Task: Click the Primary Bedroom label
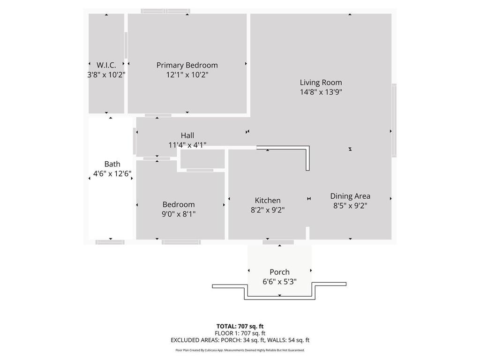point(187,65)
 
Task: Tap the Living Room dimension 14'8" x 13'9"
point(321,92)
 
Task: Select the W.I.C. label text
point(106,65)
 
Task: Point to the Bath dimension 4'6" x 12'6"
point(112,173)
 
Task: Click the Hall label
point(187,135)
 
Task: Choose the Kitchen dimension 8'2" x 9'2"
point(268,210)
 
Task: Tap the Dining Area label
point(350,196)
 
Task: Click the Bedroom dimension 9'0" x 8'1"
point(179,214)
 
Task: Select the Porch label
point(279,272)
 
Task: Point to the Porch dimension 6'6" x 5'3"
point(279,281)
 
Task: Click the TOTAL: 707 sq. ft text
point(240,326)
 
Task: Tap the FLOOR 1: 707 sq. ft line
point(240,333)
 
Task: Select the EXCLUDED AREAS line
point(240,340)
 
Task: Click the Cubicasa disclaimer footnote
point(240,350)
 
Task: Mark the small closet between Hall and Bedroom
point(202,159)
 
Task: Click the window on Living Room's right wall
point(394,120)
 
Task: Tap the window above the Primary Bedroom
point(165,11)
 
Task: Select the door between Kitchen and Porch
point(278,242)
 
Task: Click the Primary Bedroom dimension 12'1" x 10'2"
point(187,75)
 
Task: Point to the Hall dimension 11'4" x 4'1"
point(187,145)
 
